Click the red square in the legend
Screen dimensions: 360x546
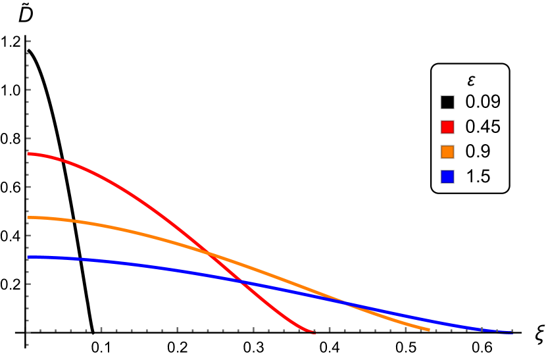coord(447,127)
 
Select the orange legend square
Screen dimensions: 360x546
coord(447,152)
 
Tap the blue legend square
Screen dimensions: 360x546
coord(447,176)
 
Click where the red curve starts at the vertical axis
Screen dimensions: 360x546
coord(28,154)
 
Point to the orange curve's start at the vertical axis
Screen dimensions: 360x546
coord(28,217)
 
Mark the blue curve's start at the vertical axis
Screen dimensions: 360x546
coord(28,257)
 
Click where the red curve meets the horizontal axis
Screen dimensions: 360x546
coord(312,331)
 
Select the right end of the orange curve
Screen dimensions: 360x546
coord(428,329)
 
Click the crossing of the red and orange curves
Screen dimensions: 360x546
coord(209,253)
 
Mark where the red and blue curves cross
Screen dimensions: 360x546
coord(242,282)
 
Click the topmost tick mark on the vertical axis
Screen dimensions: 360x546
coord(28,41)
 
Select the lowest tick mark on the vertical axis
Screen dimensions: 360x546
coord(28,344)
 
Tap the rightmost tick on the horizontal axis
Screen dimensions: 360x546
coord(512,330)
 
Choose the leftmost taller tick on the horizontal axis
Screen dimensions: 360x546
coord(101,329)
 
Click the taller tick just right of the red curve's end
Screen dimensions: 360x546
coord(330,329)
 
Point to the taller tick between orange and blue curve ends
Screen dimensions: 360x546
coord(482,329)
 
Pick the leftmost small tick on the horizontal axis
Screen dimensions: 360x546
coord(40,330)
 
